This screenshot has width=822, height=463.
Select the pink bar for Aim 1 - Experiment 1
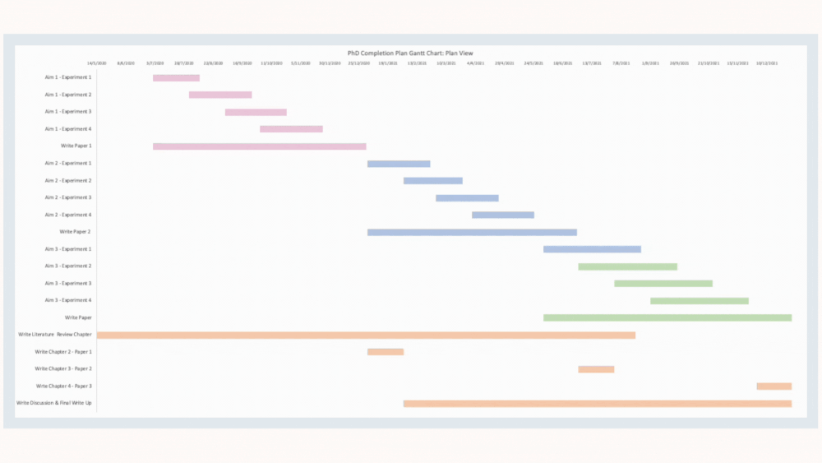(x=176, y=78)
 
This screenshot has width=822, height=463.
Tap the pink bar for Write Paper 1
(x=259, y=146)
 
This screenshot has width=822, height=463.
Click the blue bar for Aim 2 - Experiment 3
(x=467, y=198)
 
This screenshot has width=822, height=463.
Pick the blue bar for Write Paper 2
(x=472, y=233)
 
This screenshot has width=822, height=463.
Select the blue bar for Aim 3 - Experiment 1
(x=592, y=249)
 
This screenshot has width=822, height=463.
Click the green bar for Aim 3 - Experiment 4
(x=699, y=301)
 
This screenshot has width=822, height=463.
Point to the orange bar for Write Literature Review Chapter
(x=366, y=336)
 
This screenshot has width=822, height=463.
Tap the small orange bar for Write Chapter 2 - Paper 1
(x=386, y=352)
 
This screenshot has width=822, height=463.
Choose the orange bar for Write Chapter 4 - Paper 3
(x=774, y=387)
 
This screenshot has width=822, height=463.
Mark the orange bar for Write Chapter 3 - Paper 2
(x=596, y=369)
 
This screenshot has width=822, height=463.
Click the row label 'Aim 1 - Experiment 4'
(x=68, y=129)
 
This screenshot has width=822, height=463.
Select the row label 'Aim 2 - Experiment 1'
(x=68, y=164)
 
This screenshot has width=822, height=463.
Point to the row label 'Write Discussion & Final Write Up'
(x=54, y=403)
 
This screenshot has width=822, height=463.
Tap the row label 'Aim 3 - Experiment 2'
(x=68, y=266)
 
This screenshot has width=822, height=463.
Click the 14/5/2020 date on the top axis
(x=98, y=63)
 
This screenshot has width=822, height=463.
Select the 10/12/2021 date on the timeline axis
(x=768, y=63)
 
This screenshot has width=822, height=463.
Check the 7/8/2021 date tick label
(x=621, y=63)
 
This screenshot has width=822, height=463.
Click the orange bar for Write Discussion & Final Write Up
(x=597, y=404)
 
